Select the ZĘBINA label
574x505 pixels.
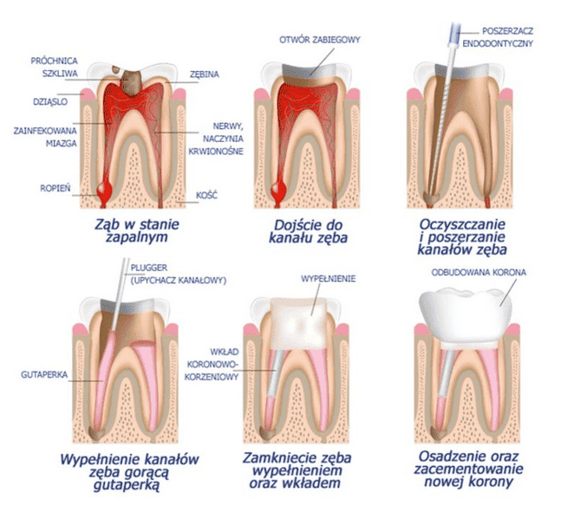(x=205, y=74)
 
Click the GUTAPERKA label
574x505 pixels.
(x=41, y=376)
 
